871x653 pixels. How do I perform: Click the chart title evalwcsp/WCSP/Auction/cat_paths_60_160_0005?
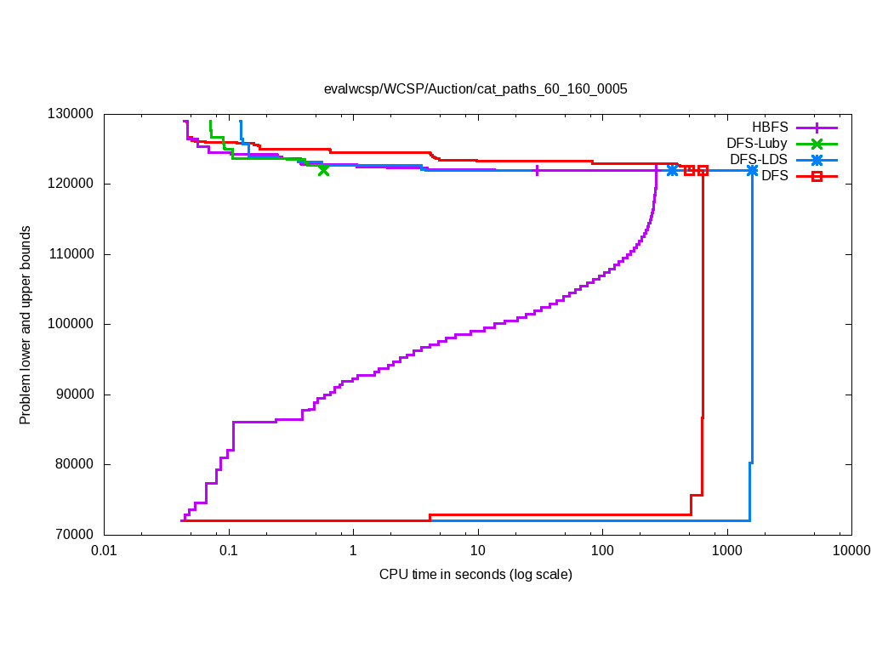475,88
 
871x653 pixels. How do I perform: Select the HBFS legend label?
771,127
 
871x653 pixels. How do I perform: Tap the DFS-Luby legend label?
757,144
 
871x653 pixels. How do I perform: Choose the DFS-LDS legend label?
759,160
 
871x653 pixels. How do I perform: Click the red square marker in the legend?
817,176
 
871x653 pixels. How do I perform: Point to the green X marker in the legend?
817,144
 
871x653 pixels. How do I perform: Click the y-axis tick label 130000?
70,114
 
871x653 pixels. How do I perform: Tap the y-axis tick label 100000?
70,324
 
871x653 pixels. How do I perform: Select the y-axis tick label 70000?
73,534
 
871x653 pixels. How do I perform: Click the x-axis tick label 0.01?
104,551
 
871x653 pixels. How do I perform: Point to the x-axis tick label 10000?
851,551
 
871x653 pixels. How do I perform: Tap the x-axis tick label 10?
477,551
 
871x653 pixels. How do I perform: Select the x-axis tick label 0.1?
228,551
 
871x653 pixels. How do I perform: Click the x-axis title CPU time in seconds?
475,575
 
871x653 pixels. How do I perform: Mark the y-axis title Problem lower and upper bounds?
26,325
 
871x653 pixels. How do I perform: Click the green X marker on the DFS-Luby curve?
323,170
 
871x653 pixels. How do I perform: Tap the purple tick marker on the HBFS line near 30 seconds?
537,170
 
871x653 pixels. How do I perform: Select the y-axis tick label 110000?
70,254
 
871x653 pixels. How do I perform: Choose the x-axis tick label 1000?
726,551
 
